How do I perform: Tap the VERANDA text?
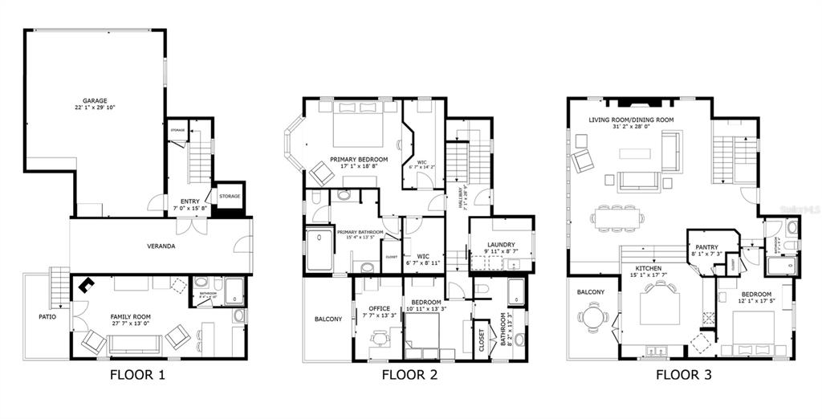click(x=161, y=246)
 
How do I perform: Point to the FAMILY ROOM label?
click(x=131, y=317)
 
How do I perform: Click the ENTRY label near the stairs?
click(x=190, y=201)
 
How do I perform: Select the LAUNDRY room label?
click(x=500, y=246)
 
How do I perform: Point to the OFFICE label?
click(x=379, y=308)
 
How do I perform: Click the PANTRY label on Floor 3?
click(x=706, y=247)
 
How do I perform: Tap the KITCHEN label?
click(x=648, y=268)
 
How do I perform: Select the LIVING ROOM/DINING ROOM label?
click(x=631, y=120)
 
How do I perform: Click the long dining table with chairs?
click(x=617, y=217)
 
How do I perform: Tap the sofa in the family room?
click(x=135, y=344)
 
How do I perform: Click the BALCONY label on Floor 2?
click(x=328, y=319)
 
